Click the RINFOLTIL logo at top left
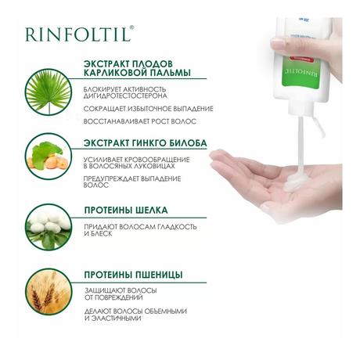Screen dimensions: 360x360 [x=80, y=34]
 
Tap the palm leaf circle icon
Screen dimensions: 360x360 [x=49, y=92]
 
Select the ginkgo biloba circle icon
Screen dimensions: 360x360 [x=49, y=157]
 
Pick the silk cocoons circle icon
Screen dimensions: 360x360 [x=49, y=227]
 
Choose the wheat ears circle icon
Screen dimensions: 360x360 [x=49, y=292]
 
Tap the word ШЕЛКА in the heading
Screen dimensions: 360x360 [x=152, y=211]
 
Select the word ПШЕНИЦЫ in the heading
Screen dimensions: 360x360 [x=159, y=275]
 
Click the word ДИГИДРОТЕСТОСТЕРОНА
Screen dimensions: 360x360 [x=125, y=96]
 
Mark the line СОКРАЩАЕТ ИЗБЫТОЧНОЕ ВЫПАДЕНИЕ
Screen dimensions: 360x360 [x=149, y=109]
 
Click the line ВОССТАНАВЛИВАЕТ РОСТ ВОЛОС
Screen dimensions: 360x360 [x=140, y=121]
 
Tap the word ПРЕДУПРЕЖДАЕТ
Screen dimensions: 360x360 [x=111, y=179]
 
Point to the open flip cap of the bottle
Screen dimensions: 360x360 [x=319, y=127]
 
